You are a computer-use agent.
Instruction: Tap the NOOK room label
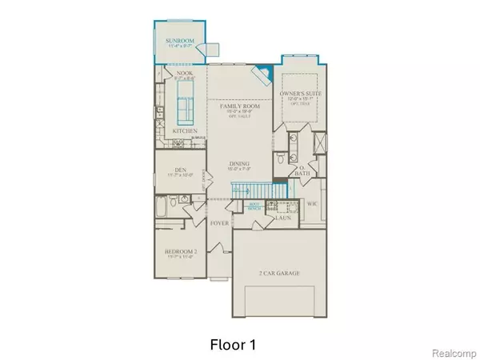coord(186,73)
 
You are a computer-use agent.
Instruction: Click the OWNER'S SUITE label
coord(299,96)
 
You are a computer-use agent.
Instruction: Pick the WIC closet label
coord(313,204)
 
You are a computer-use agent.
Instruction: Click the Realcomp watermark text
coord(453,350)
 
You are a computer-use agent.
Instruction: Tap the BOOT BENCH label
coord(256,205)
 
